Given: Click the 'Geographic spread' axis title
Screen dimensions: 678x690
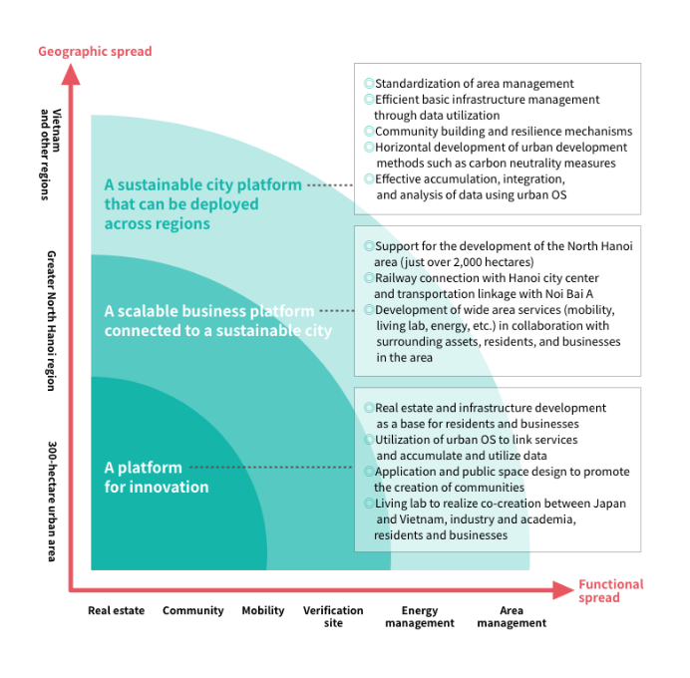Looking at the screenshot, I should click(x=95, y=51).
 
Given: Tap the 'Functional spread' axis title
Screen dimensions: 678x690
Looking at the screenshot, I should click(x=610, y=591).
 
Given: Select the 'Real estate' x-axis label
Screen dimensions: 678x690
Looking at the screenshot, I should click(x=116, y=610).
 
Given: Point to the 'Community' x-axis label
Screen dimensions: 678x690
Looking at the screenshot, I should click(x=193, y=610).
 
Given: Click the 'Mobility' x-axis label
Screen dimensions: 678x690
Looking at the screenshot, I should click(x=263, y=610).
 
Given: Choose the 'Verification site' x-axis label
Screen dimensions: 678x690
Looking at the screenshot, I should click(x=333, y=616).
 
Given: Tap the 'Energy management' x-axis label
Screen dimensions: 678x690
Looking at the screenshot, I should click(x=420, y=616).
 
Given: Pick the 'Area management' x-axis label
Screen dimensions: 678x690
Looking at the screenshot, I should click(x=512, y=616).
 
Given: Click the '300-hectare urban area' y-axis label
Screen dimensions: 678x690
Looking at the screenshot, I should click(x=52, y=501).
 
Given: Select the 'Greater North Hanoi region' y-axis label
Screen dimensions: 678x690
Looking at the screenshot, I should click(x=52, y=320).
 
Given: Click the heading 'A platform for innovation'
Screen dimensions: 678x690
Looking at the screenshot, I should click(x=157, y=477).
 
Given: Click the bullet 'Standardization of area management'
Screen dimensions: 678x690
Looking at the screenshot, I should click(x=474, y=84).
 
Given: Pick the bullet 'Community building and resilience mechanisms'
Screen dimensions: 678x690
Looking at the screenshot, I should click(x=503, y=132).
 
